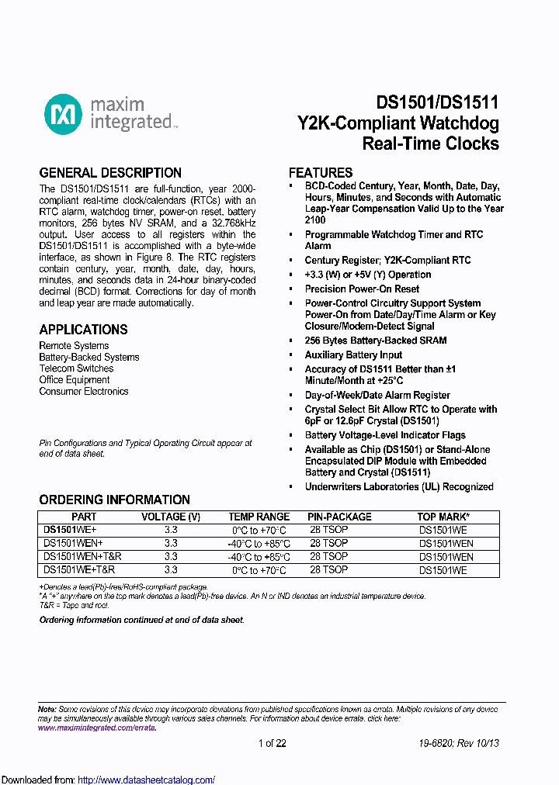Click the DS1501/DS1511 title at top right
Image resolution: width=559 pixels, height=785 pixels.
(x=437, y=102)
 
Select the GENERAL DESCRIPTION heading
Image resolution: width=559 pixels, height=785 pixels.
(x=110, y=173)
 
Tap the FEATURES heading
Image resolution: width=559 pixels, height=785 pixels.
(x=321, y=173)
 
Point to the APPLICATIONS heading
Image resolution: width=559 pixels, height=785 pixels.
(x=83, y=330)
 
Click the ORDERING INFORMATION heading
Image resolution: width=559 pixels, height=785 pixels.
(x=114, y=500)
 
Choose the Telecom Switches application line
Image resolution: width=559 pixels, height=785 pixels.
(x=76, y=368)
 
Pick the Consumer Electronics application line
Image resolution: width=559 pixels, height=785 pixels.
(x=83, y=392)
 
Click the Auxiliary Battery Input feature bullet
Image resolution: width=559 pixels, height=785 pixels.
(x=353, y=354)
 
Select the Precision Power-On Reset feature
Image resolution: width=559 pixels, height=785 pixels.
(x=362, y=289)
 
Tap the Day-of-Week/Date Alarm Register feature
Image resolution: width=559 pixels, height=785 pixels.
(x=377, y=395)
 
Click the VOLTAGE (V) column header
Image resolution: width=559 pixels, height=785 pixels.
(x=171, y=517)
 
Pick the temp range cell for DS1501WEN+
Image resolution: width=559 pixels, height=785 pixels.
(x=259, y=543)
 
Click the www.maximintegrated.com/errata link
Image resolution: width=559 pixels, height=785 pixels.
(x=97, y=728)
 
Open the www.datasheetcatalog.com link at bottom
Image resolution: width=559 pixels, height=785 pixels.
(x=147, y=780)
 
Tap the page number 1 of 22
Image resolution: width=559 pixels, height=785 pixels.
(x=272, y=743)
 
